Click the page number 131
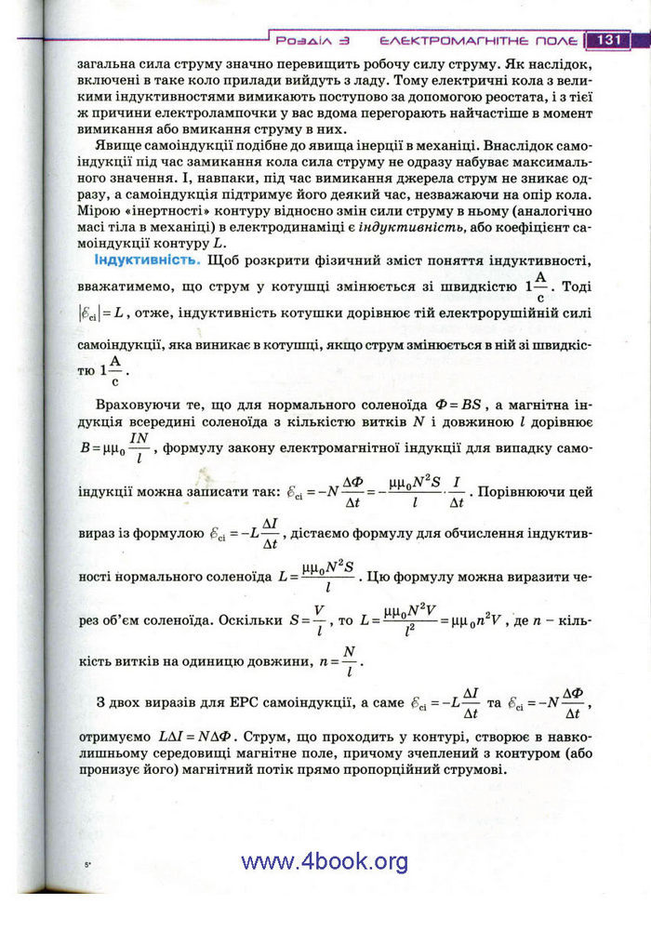pos(609,40)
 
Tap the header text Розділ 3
pos(312,41)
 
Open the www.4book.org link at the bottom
pos(325,861)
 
